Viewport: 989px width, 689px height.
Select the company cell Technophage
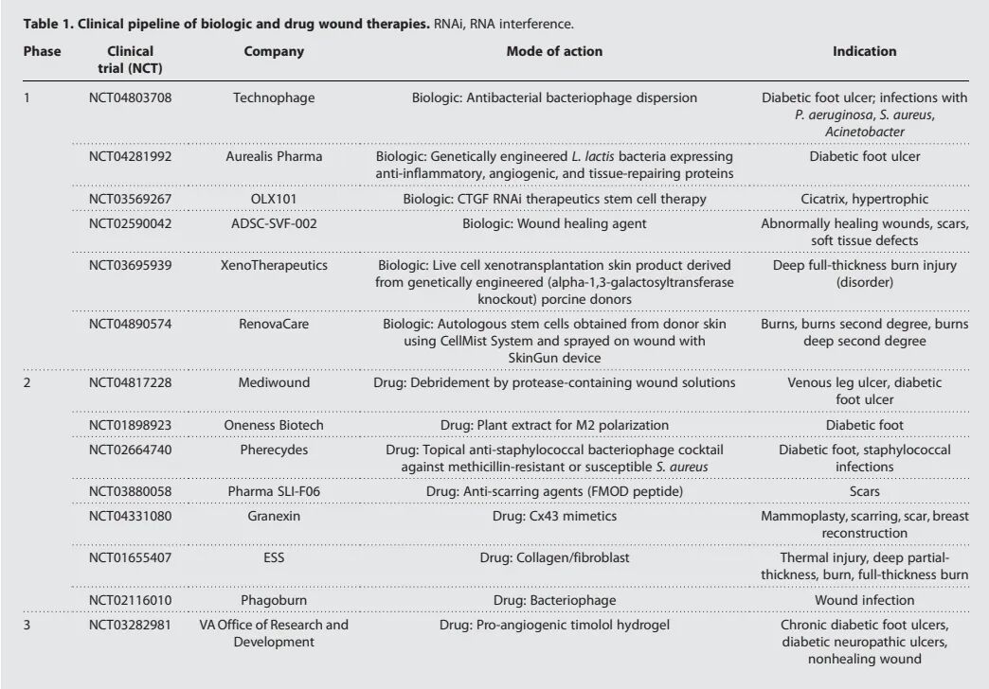point(274,97)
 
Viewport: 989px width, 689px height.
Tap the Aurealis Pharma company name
point(274,156)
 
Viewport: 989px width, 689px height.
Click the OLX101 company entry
point(274,199)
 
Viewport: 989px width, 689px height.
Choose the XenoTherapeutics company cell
point(274,266)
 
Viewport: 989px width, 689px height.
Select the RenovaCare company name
point(274,324)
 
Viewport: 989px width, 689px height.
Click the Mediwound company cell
point(274,382)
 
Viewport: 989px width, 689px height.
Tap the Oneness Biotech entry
point(274,425)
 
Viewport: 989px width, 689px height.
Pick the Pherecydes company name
point(274,450)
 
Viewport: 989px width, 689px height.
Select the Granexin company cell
point(274,516)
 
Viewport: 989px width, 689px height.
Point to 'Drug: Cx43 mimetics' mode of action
point(554,516)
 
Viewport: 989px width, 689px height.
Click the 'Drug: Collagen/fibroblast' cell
point(554,557)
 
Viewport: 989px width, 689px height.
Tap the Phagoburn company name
point(274,600)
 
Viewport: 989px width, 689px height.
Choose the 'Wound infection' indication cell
point(864,600)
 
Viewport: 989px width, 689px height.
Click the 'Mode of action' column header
point(554,52)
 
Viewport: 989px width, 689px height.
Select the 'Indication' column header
point(864,52)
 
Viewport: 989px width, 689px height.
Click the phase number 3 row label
point(28,625)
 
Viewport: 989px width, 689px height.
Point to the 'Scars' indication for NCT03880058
point(864,491)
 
